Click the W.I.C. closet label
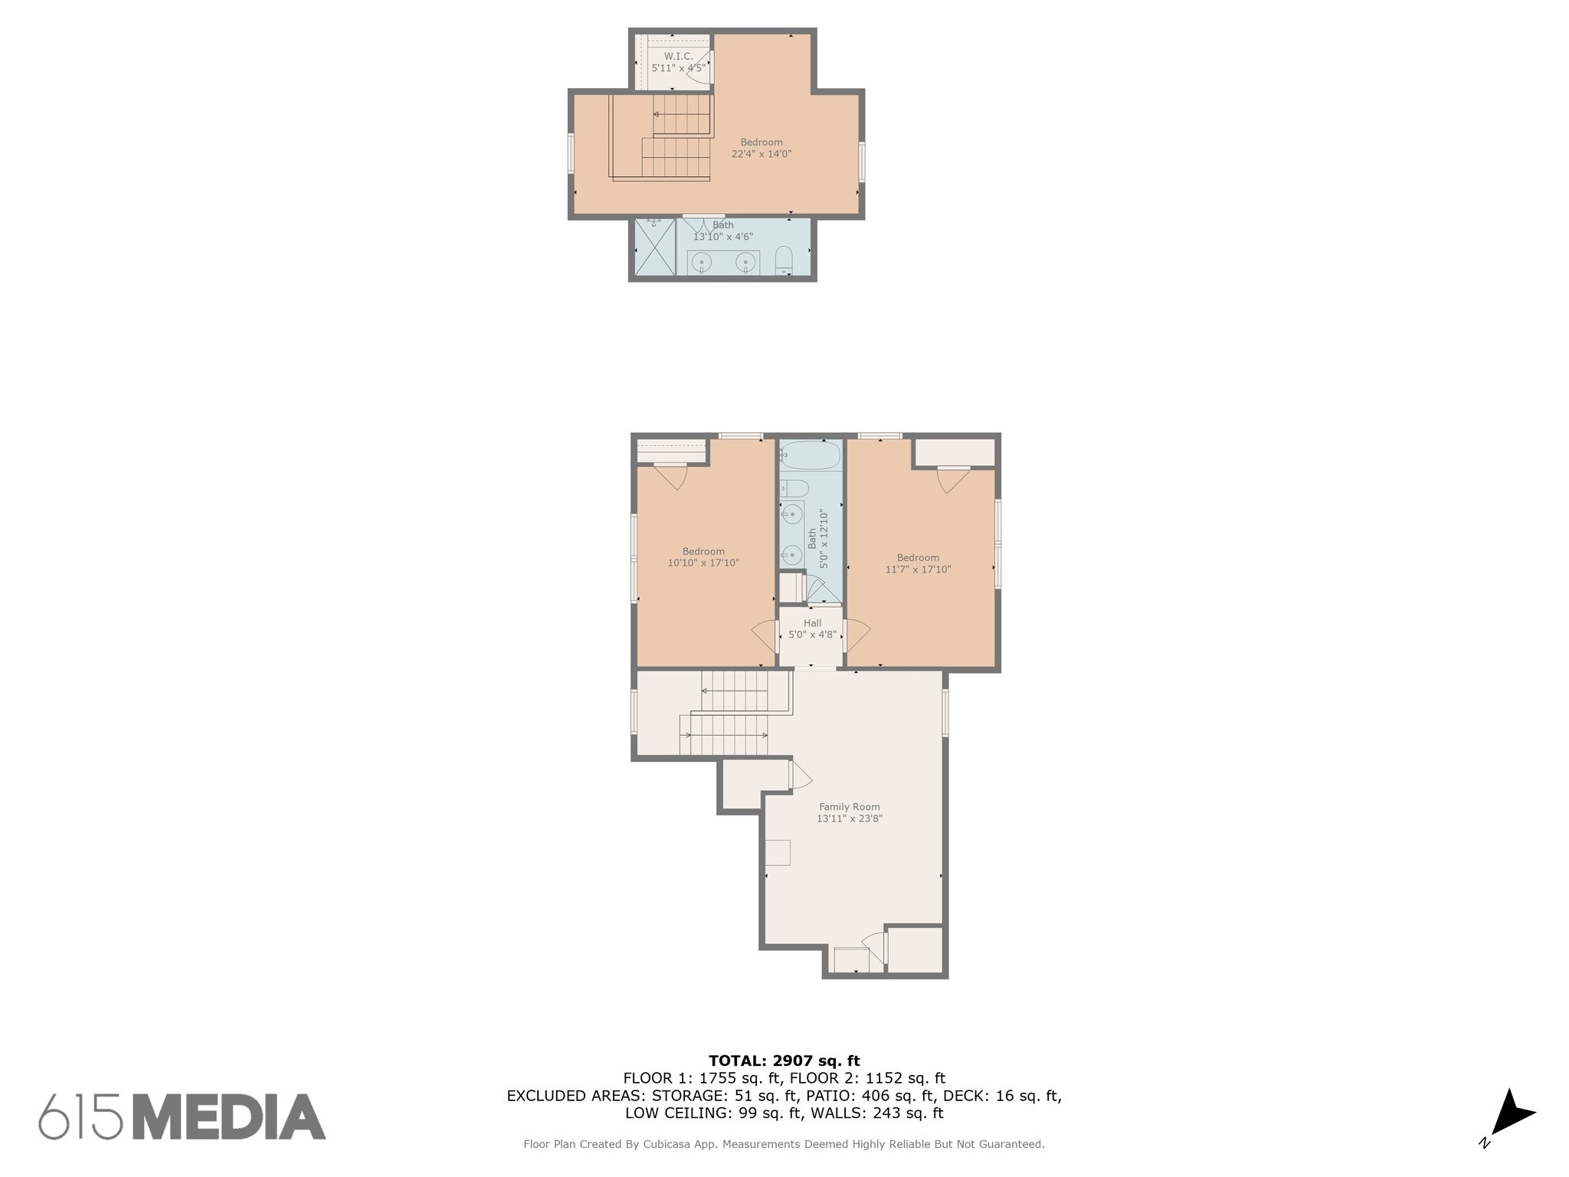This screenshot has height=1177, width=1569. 678,56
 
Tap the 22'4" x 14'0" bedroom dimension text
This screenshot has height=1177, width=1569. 762,154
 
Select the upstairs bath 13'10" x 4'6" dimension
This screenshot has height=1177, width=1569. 723,237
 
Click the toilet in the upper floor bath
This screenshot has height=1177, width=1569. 784,261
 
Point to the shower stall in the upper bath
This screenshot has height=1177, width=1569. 656,247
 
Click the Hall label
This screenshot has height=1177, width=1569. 812,623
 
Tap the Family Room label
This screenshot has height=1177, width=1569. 850,806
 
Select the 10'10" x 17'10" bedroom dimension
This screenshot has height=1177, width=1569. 703,563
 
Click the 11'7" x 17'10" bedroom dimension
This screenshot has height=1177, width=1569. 918,569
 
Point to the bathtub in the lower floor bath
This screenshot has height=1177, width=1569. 811,455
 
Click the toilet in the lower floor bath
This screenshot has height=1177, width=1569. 794,488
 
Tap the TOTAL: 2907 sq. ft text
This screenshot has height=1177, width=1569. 784,1061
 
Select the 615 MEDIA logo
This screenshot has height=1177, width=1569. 182,1116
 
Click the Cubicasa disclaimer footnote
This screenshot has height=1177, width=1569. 784,1144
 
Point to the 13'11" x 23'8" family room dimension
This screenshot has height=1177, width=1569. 850,818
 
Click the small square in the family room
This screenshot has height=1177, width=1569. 778,853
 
